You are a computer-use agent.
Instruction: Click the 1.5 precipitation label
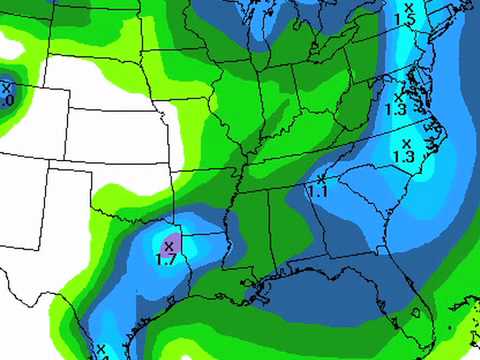point(405,19)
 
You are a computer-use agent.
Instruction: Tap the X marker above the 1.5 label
point(407,7)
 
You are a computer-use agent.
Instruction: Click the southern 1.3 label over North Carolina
point(404,156)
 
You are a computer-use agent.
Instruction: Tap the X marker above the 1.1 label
point(320,178)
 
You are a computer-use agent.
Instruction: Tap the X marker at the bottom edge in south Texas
point(101,349)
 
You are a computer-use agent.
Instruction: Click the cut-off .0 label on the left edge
point(6,101)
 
